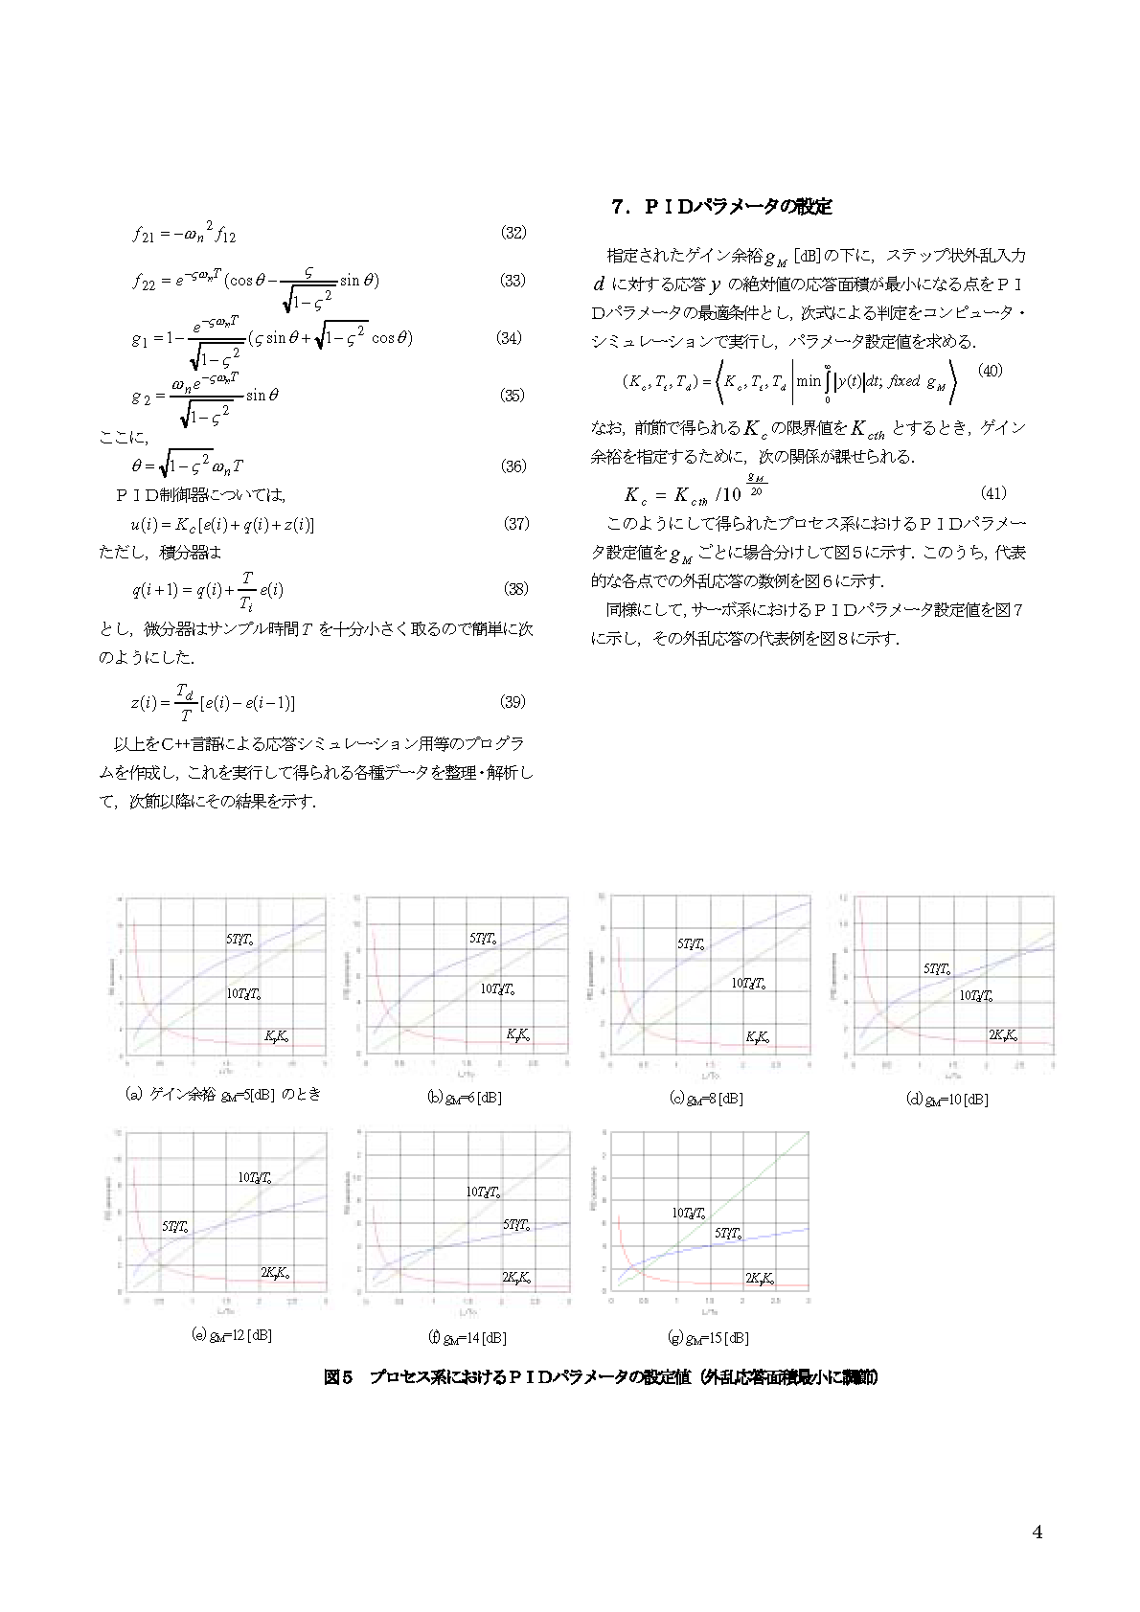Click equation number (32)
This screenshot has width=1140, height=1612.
pyautogui.click(x=513, y=233)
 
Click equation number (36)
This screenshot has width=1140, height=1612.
pyautogui.click(x=513, y=466)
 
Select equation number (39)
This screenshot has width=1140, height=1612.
pyautogui.click(x=513, y=702)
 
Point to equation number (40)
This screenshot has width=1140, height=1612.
pyautogui.click(x=990, y=370)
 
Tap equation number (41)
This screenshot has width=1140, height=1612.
pyautogui.click(x=993, y=493)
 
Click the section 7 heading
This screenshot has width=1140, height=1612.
pyautogui.click(x=721, y=206)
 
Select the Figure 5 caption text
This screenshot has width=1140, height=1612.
pyautogui.click(x=601, y=1377)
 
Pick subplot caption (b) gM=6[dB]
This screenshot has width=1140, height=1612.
pyautogui.click(x=465, y=1098)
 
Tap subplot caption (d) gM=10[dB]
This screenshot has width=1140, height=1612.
pyautogui.click(x=947, y=1099)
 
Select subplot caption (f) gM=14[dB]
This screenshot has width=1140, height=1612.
pyautogui.click(x=467, y=1337)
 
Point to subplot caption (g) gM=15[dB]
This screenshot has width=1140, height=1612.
pyautogui.click(x=709, y=1337)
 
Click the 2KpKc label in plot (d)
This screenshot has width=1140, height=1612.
pyautogui.click(x=1003, y=1034)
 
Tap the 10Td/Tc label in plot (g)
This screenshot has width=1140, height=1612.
pyautogui.click(x=689, y=1213)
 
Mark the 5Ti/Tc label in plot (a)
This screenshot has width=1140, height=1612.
pyautogui.click(x=239, y=940)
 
